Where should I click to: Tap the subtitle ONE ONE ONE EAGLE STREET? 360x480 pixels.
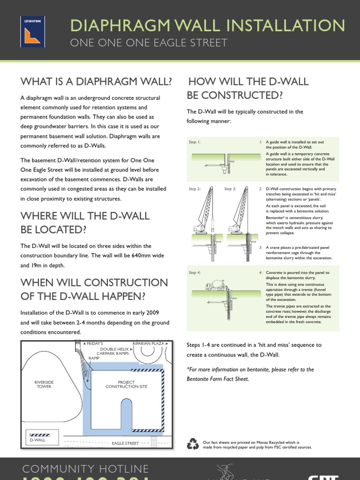[x=149, y=43]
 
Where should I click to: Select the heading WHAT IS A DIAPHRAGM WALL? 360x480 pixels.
[x=96, y=82]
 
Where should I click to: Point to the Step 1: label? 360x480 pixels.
[x=195, y=142]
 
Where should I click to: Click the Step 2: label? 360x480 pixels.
[x=195, y=189]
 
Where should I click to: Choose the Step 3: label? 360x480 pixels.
[x=230, y=189]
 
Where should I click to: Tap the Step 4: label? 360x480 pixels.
[x=195, y=272]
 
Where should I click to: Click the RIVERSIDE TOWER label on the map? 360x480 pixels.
[x=44, y=384]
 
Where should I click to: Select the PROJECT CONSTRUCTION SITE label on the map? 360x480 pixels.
[x=127, y=384]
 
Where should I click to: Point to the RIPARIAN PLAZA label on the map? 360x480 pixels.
[x=148, y=344]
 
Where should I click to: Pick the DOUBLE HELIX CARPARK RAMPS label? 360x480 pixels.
[x=115, y=352]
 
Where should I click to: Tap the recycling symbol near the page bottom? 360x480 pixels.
[x=193, y=443]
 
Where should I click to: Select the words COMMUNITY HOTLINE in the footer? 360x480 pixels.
[x=86, y=469]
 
